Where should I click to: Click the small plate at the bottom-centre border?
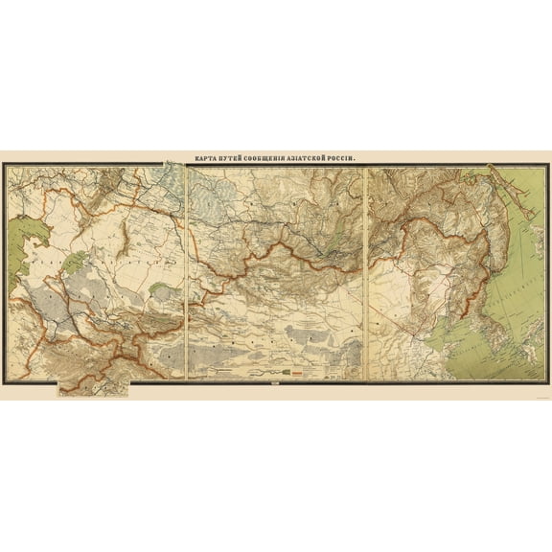(x=276, y=386)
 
